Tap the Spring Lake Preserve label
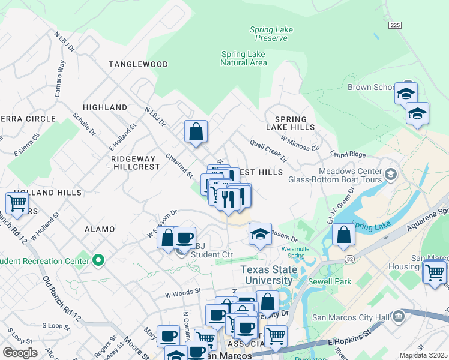(x=271, y=34)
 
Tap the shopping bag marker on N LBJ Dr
(x=196, y=132)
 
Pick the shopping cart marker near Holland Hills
(x=17, y=204)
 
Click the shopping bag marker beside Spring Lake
(x=343, y=235)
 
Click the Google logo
(x=20, y=353)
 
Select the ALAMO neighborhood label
(x=100, y=229)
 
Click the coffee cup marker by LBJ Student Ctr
(x=185, y=238)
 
